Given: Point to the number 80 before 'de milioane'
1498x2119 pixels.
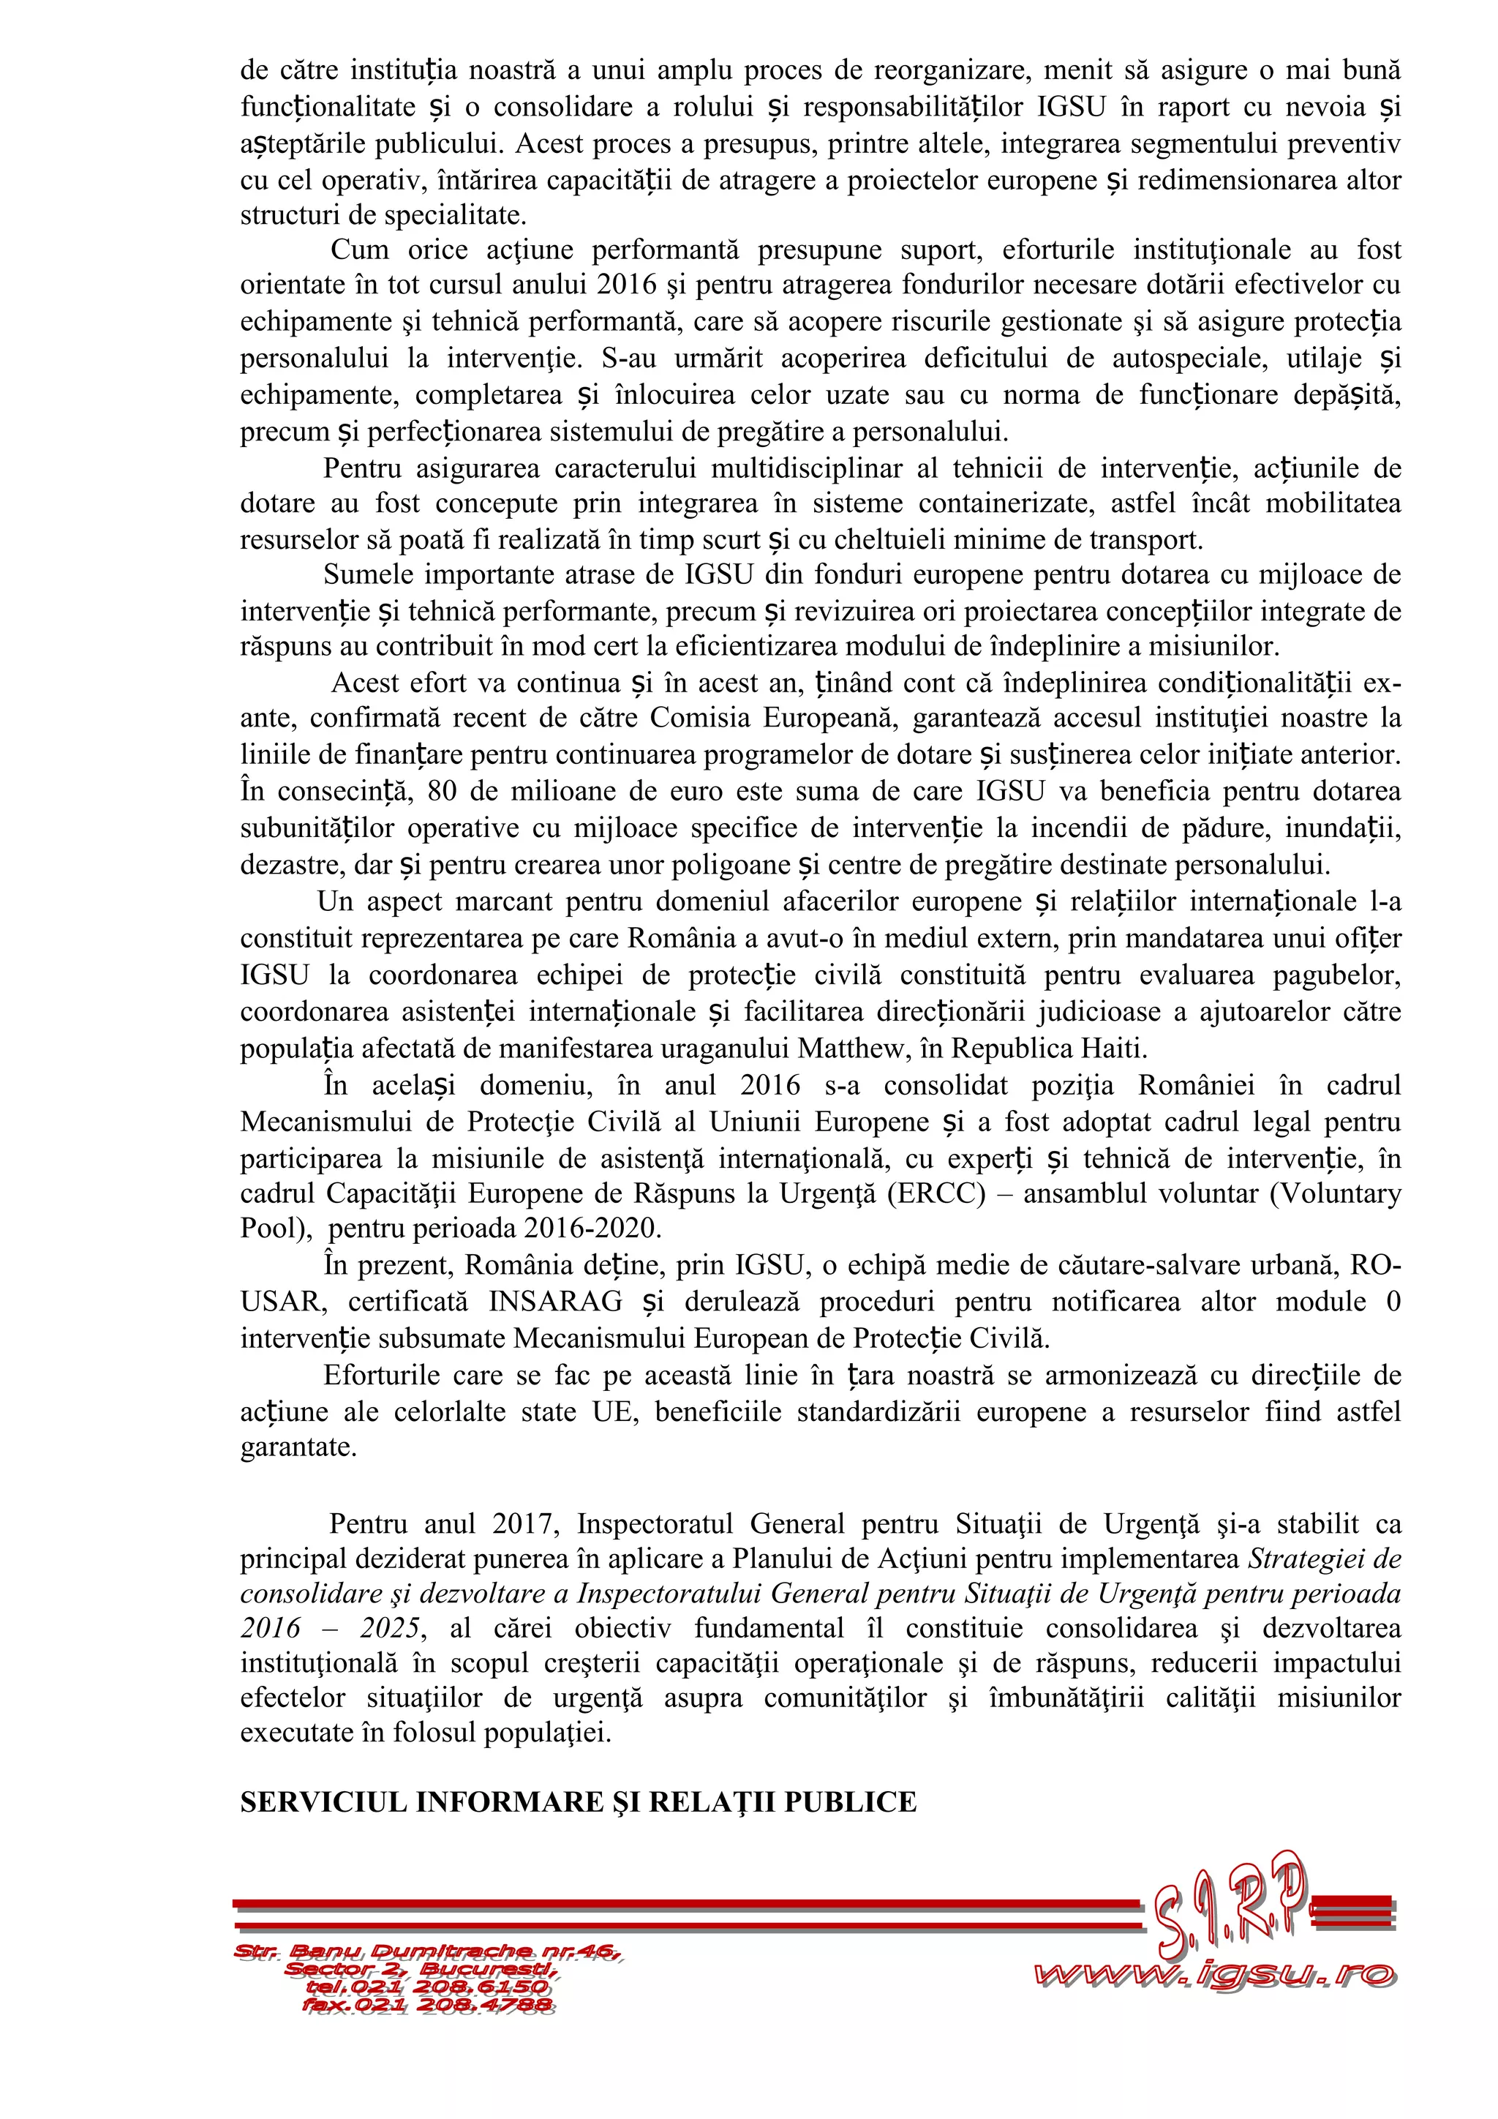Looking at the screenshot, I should pyautogui.click(x=444, y=792).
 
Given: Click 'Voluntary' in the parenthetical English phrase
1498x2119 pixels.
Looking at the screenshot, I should pyautogui.click(x=1342, y=1193).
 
